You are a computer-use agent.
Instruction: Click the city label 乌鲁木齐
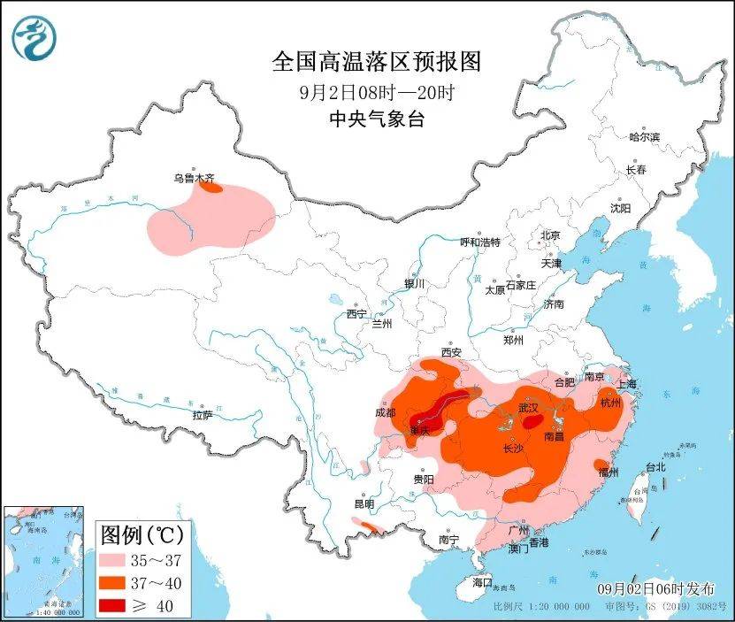click(x=193, y=178)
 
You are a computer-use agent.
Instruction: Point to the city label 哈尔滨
click(x=644, y=137)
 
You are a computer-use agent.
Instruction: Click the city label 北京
click(x=550, y=234)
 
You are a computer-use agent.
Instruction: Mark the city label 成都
click(x=386, y=411)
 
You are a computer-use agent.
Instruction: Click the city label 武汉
click(x=528, y=408)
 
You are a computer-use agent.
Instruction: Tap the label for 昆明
click(x=364, y=503)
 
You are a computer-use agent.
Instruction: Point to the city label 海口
click(x=481, y=583)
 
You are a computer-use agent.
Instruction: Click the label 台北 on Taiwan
click(x=655, y=466)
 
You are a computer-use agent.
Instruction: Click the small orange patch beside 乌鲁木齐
click(x=210, y=187)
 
